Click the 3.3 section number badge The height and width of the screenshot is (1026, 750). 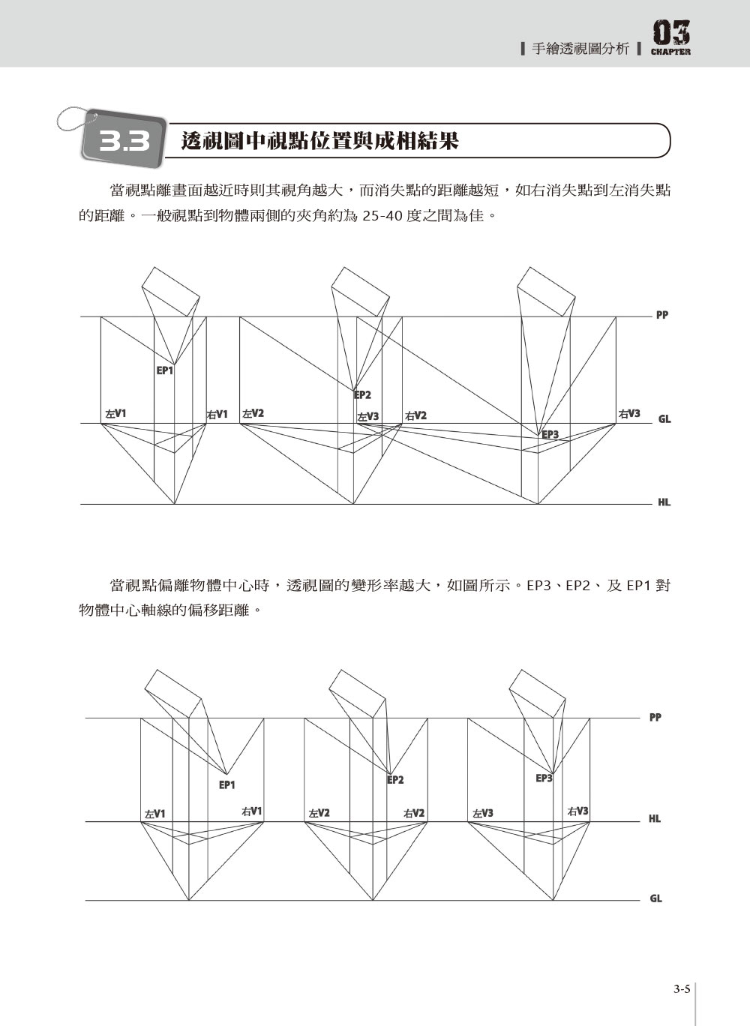124,139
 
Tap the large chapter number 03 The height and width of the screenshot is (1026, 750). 671,33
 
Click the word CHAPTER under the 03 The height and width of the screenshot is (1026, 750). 670,52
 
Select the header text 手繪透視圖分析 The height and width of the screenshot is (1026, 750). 580,49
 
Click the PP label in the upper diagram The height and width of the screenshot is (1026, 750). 662,315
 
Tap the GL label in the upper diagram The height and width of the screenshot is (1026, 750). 664,419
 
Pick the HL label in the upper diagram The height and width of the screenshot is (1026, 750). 664,502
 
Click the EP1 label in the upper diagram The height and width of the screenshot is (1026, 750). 165,370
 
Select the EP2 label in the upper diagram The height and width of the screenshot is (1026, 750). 362,394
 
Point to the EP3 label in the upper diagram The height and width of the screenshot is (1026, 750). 550,434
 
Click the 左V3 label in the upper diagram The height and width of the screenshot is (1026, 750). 368,417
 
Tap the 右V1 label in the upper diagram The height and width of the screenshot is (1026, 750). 217,415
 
